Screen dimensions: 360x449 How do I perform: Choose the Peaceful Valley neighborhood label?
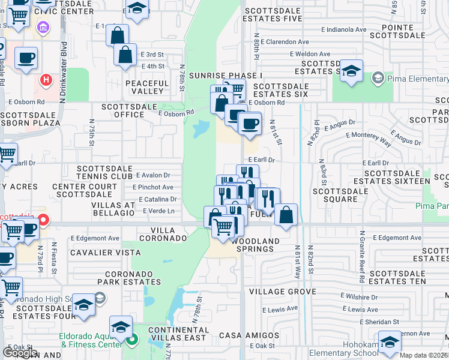tap(147, 87)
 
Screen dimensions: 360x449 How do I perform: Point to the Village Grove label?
tap(282, 292)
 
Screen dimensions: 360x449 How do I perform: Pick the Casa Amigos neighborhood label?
tap(249, 335)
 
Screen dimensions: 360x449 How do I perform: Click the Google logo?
tap(20, 352)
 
